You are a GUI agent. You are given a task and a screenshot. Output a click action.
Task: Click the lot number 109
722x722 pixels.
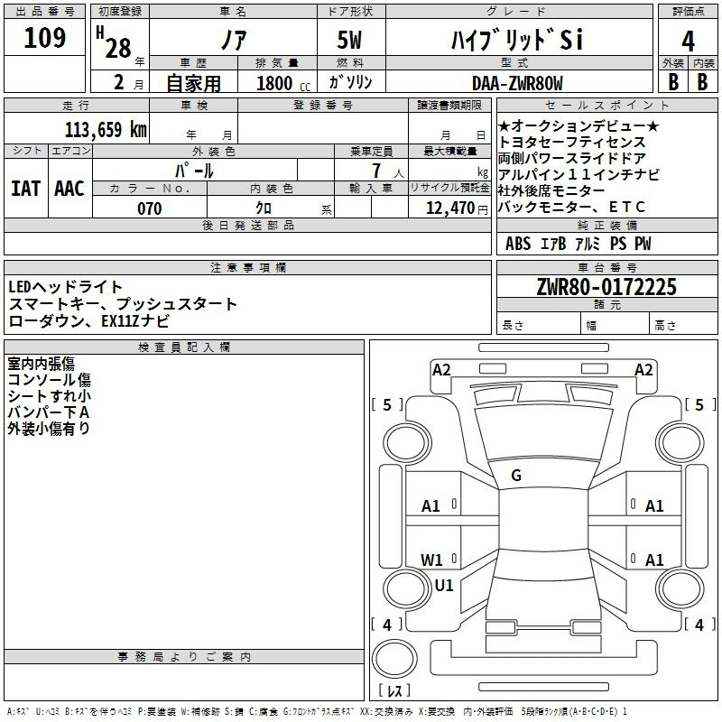click(x=45, y=39)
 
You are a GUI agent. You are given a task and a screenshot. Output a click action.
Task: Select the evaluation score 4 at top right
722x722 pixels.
click(x=688, y=41)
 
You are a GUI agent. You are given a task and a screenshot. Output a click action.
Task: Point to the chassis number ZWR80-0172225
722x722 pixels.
click(x=606, y=288)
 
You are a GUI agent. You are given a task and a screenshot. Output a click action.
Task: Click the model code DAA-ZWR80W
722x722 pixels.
click(x=516, y=83)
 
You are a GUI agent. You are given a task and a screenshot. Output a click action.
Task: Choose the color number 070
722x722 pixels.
click(x=149, y=208)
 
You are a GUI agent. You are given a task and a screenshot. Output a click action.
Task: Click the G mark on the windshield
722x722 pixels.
click(x=516, y=476)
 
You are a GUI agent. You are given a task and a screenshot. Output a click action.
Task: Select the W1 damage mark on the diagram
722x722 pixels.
click(x=432, y=560)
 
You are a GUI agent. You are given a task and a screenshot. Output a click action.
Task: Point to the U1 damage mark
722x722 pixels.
click(x=444, y=585)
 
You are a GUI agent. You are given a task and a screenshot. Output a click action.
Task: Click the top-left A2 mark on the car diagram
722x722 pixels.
click(x=441, y=369)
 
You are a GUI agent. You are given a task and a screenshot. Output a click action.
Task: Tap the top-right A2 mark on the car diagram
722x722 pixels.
click(x=643, y=369)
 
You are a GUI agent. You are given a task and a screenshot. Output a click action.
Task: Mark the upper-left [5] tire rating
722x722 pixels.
click(x=387, y=405)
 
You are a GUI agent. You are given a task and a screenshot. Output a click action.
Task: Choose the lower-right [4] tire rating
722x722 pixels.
click(x=699, y=625)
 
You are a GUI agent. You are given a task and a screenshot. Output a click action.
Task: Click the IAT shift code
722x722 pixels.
click(x=25, y=189)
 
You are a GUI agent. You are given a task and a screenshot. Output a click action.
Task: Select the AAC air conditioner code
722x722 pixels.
click(x=69, y=189)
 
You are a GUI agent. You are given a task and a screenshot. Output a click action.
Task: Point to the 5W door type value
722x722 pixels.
click(x=351, y=41)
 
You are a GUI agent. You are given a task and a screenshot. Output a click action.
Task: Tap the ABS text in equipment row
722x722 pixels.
click(x=518, y=244)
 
